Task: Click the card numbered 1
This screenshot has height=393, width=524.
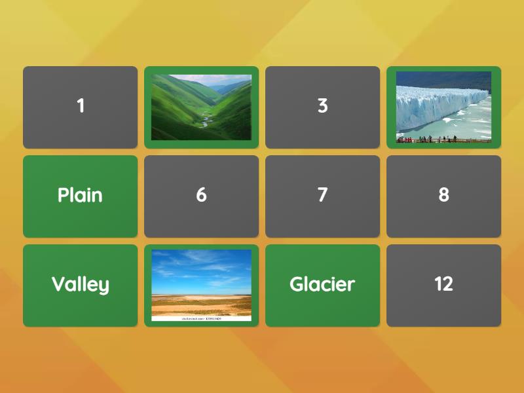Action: coord(80,107)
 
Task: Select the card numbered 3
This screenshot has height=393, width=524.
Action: coord(322,107)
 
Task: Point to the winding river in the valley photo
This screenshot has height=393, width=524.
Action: coord(205,122)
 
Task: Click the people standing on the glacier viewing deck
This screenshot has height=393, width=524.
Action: coord(426,138)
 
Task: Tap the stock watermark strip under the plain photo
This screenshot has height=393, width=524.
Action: coord(201,318)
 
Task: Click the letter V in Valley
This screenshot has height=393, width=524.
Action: coord(58,284)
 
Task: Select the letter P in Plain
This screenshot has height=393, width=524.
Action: coord(64,195)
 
